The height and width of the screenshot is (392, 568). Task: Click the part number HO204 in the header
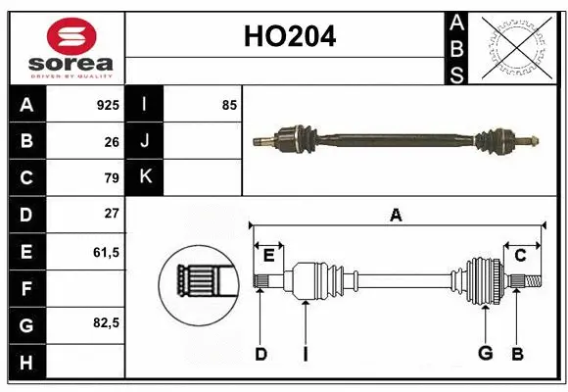[x=288, y=37]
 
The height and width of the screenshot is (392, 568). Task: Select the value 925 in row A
[x=107, y=104]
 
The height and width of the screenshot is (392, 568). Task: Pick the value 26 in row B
[x=111, y=141]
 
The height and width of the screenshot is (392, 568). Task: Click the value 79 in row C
[x=111, y=178]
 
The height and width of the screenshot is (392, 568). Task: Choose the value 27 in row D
[x=111, y=214]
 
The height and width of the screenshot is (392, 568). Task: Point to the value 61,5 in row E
[x=106, y=251]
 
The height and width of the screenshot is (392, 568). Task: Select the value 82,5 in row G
[x=106, y=322]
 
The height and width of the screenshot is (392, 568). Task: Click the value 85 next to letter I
[x=229, y=104]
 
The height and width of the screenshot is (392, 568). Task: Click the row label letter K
[x=145, y=177]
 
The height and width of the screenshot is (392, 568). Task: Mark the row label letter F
[x=26, y=288]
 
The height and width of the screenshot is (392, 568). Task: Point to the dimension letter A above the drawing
[x=396, y=215]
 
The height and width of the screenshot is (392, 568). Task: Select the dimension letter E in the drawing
[x=268, y=256]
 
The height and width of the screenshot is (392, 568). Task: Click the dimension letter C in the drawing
[x=521, y=256]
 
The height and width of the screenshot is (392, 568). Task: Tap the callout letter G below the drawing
[x=484, y=354]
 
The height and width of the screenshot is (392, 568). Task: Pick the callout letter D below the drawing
[x=260, y=354]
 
